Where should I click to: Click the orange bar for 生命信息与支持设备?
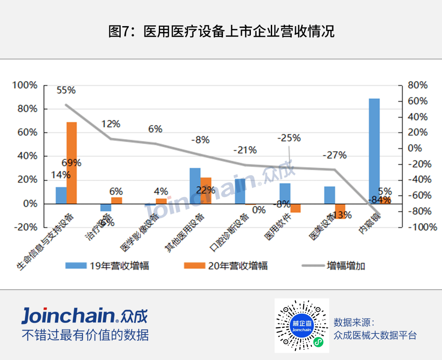click(x=72, y=162)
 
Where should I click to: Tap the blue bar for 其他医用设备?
click(x=195, y=185)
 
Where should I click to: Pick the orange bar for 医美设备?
click(x=341, y=211)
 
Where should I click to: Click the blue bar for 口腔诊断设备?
click(x=240, y=191)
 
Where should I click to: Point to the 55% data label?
click(x=66, y=90)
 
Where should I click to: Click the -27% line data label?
click(x=334, y=155)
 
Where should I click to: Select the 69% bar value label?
click(x=72, y=163)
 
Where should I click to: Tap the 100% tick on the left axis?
click(x=25, y=85)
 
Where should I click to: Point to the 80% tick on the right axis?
click(x=417, y=85)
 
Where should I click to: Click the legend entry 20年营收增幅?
click(x=226, y=266)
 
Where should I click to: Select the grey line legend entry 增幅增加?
click(x=334, y=266)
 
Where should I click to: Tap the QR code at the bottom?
click(x=302, y=326)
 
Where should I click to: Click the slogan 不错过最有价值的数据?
click(x=85, y=335)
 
